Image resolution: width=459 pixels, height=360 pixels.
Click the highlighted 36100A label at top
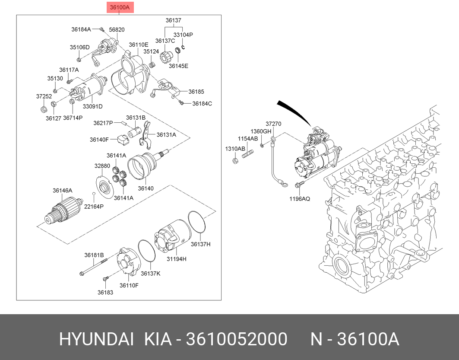coord(119,7)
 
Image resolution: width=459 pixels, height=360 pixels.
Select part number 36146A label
coord(63,191)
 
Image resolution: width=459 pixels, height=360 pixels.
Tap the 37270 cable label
coord(273,124)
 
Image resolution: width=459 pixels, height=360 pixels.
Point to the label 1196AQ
coord(300,199)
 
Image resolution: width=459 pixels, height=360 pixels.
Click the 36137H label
coord(200,245)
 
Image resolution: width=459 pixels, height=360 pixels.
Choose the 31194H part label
coord(177,259)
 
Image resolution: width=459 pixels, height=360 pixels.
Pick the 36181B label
coord(94,255)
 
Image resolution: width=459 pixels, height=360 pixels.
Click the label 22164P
coord(94,207)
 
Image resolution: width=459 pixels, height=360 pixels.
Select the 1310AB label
coord(234,148)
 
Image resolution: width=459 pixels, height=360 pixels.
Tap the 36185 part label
coord(196,92)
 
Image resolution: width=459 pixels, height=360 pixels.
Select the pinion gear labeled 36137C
coord(165,57)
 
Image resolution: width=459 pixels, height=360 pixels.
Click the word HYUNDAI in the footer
coord(96,340)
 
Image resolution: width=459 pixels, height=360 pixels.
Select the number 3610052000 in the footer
coord(236,340)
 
